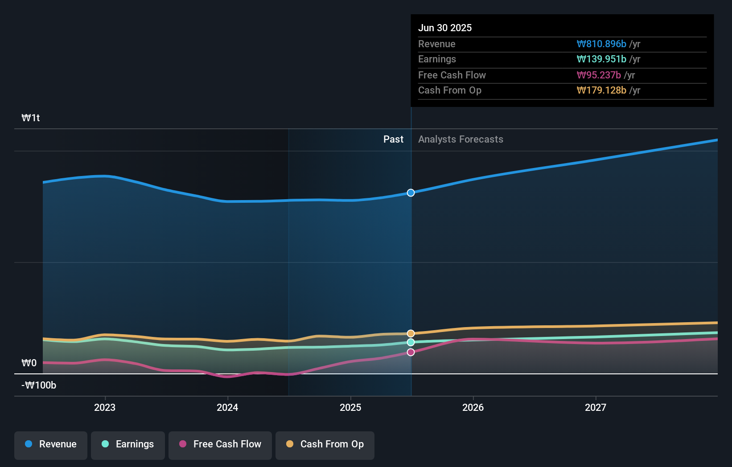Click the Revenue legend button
[x=51, y=444]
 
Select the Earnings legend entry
[x=128, y=444]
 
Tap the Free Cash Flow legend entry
[x=220, y=444]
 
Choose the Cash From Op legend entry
[x=325, y=444]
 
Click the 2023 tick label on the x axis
[x=105, y=407]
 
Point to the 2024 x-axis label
[x=227, y=407]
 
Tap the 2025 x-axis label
[x=350, y=407]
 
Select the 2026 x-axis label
[x=473, y=407]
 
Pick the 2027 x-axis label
[x=596, y=407]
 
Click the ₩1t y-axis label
[x=31, y=118]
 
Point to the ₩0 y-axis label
[x=29, y=363]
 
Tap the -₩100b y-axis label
[x=39, y=385]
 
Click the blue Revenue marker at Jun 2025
[x=411, y=193]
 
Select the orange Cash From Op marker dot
[x=411, y=333]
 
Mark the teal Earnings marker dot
[x=411, y=342]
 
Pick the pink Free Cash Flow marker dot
[x=411, y=352]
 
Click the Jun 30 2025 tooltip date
[x=445, y=28]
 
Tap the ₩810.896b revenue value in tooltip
[x=601, y=44]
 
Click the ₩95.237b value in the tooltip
[x=599, y=75]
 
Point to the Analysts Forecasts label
[x=461, y=139]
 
